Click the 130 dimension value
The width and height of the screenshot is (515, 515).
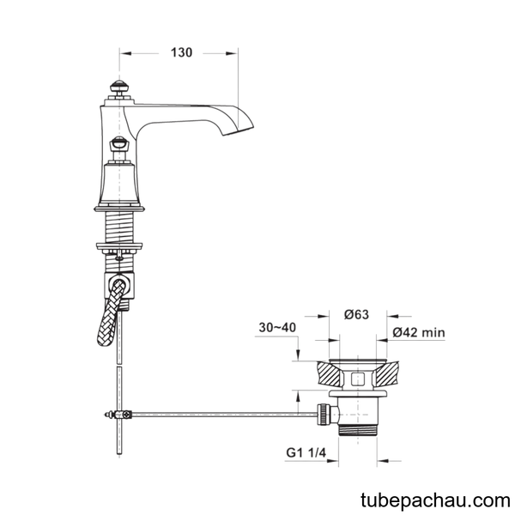tap(181, 52)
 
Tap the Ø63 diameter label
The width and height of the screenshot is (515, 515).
tap(356, 315)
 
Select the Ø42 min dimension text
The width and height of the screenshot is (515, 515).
tap(419, 332)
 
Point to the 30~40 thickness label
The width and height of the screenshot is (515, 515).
tap(277, 328)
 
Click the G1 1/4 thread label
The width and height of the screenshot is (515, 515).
tap(306, 452)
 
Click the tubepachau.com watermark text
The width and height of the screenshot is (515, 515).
tap(435, 500)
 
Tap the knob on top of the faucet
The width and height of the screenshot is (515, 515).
tap(119, 87)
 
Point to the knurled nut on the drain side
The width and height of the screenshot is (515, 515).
tap(323, 415)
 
